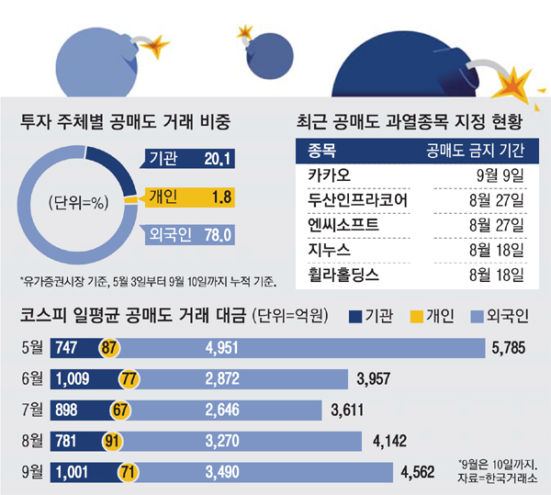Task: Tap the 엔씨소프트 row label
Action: (339, 223)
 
